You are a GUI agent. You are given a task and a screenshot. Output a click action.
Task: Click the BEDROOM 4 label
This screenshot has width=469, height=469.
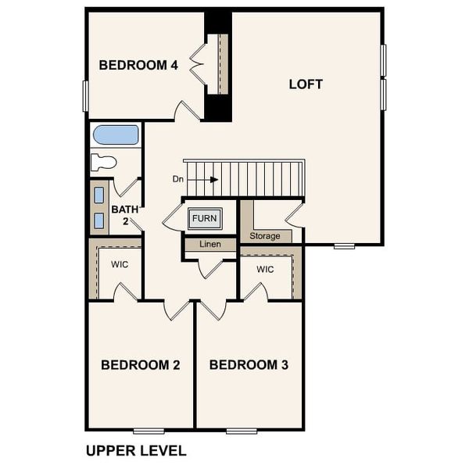(138, 66)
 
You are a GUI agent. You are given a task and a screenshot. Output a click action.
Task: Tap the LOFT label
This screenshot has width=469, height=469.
(306, 84)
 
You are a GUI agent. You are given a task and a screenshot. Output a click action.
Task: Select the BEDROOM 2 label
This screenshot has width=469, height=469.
(141, 365)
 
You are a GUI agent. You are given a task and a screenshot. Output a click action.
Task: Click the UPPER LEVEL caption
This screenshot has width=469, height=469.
(136, 451)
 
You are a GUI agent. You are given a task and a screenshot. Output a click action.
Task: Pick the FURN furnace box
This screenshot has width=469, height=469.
(205, 218)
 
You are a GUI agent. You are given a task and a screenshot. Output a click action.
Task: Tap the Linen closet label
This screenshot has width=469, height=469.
(210, 245)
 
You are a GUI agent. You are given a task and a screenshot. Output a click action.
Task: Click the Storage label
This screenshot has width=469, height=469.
(265, 236)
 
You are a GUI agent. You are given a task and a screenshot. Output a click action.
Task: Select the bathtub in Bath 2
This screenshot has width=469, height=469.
(116, 134)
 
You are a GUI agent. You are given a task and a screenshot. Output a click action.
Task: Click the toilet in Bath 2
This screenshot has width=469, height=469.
(103, 163)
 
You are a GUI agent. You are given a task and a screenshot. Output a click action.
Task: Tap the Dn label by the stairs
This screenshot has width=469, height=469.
(178, 179)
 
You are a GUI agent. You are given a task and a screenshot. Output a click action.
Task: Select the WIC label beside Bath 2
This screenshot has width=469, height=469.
(119, 265)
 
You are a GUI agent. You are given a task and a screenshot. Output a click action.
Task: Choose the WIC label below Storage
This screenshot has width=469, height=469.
(265, 270)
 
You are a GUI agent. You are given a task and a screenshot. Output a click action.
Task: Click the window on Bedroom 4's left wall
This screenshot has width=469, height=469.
(85, 95)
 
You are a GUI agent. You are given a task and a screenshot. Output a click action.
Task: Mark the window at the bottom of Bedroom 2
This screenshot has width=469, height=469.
(149, 431)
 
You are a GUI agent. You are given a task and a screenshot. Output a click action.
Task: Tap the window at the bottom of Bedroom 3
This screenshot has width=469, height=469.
(242, 431)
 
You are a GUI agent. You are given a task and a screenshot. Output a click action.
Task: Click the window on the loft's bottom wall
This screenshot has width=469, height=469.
(344, 246)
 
